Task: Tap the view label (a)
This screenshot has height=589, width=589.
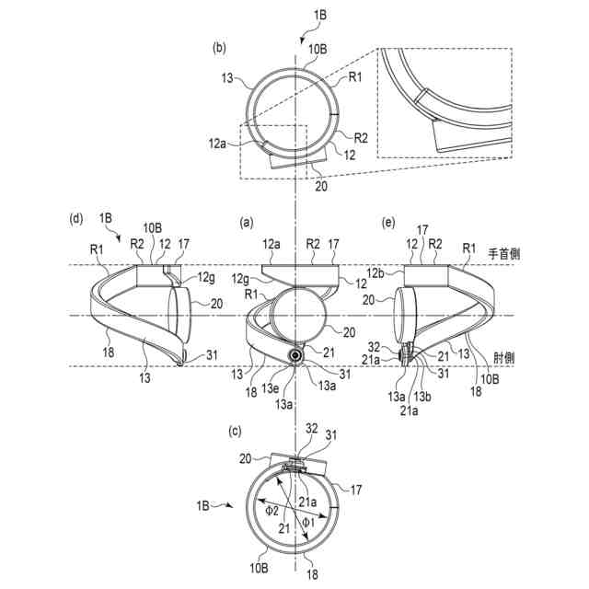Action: pyautogui.click(x=246, y=222)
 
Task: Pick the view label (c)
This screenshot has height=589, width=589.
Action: pyautogui.click(x=236, y=430)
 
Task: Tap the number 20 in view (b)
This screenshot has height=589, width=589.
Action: pyautogui.click(x=318, y=186)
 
